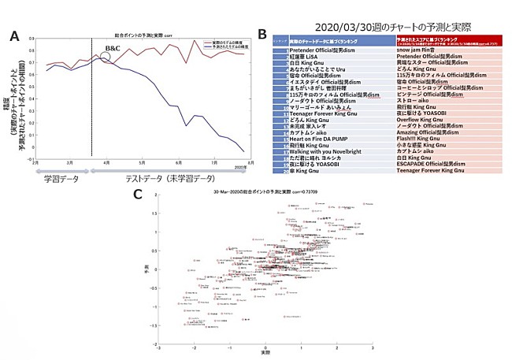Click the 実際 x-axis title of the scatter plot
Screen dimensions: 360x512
[x=265, y=352]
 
